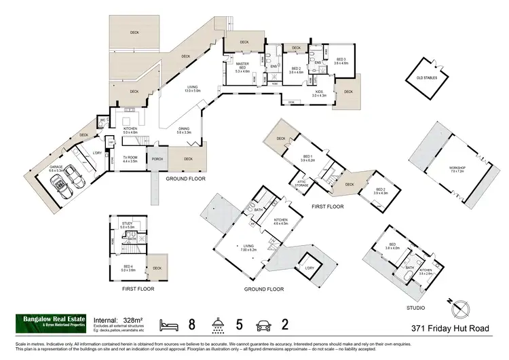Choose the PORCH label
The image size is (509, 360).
click(x=157, y=160)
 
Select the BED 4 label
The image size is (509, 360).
click(x=128, y=267)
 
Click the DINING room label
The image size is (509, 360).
click(x=184, y=129)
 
